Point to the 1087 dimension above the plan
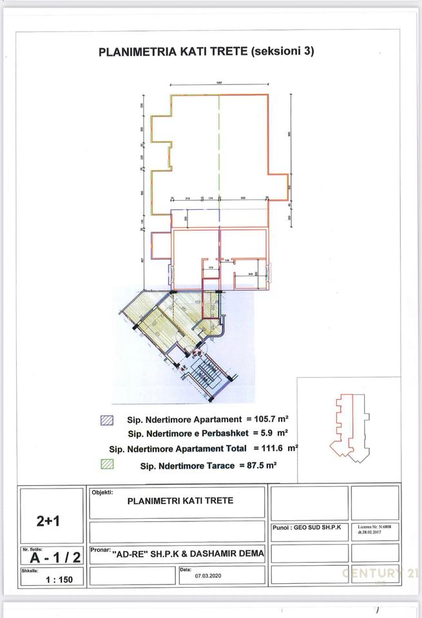click(220, 82)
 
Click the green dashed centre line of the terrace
click(220, 148)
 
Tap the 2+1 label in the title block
click(51, 520)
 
